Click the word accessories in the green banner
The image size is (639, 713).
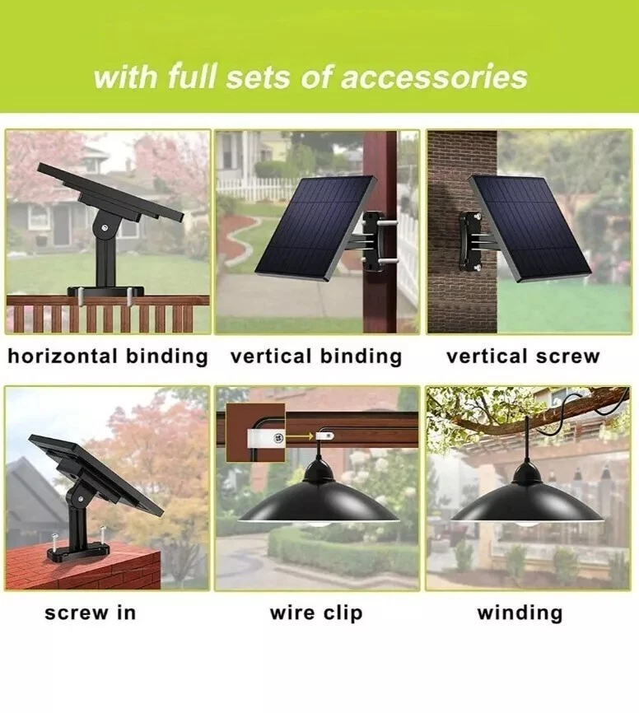(434, 77)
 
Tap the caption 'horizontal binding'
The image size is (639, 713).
(108, 356)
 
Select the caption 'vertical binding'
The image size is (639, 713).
(316, 356)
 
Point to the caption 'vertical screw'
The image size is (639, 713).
(523, 356)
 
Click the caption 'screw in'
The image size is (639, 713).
(91, 612)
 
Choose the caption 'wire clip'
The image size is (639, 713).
(316, 613)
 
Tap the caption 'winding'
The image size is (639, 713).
(520, 612)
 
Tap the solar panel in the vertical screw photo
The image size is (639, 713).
(529, 229)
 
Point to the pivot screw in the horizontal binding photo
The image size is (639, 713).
(105, 227)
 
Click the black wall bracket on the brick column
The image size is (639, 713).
(471, 241)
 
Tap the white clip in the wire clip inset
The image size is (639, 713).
(266, 437)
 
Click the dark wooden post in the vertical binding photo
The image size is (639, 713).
(380, 231)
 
